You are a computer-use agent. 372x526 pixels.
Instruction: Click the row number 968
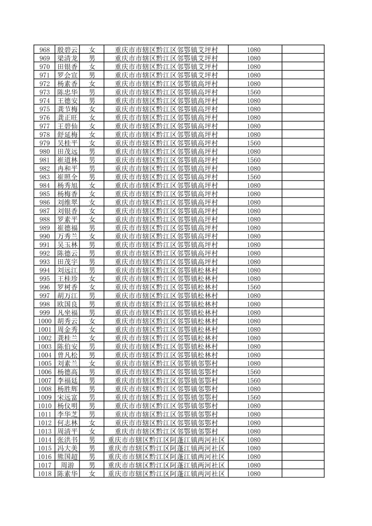click(45, 50)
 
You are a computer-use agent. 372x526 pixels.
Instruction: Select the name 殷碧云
click(68, 50)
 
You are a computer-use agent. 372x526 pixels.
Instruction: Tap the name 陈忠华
click(68, 92)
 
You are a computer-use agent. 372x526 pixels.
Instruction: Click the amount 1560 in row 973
click(254, 92)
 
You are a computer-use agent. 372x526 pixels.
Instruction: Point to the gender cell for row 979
click(92, 143)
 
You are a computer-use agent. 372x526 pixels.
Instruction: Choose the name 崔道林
click(68, 160)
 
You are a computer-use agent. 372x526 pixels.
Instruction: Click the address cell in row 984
click(166, 186)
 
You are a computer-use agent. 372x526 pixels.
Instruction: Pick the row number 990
click(45, 237)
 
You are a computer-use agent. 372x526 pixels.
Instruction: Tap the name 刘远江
click(68, 270)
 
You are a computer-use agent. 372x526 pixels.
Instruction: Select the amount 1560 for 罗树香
click(254, 287)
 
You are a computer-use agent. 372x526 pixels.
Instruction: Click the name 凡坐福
click(68, 313)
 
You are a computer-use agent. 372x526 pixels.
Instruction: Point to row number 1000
click(45, 321)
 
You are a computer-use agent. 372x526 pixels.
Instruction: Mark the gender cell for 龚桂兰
click(92, 338)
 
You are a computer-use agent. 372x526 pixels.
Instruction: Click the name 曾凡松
click(68, 355)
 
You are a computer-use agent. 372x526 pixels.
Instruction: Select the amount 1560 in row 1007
click(254, 381)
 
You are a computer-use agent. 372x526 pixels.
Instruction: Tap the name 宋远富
click(68, 398)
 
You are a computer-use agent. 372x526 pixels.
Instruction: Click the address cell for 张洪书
click(166, 440)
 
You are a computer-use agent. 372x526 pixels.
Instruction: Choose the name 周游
click(68, 465)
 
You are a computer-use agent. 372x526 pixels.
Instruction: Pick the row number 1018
click(45, 474)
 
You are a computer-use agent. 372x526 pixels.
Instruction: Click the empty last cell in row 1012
click(303, 423)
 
